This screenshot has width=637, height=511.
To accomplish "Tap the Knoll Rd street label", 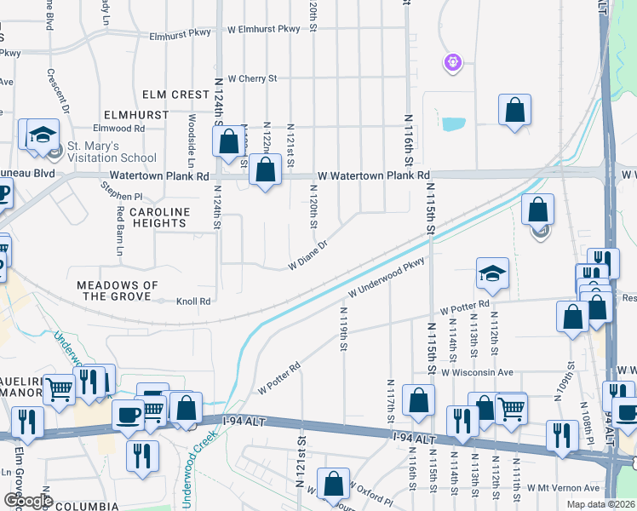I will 192,301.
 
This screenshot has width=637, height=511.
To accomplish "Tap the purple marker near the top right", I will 453,61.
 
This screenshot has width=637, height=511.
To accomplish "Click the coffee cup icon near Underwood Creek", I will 128,415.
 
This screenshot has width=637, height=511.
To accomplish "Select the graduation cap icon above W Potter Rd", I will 492,273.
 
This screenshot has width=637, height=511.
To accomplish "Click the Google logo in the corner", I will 27,501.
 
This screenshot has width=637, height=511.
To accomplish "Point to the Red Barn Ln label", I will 119,232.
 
